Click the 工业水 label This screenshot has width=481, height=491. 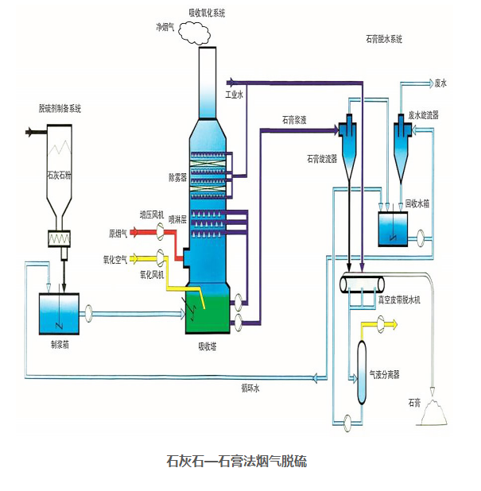[x=234, y=94]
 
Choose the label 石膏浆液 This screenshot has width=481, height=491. [x=294, y=121]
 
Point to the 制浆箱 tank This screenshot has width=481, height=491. [x=59, y=312]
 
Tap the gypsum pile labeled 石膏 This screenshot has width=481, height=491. [x=436, y=412]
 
